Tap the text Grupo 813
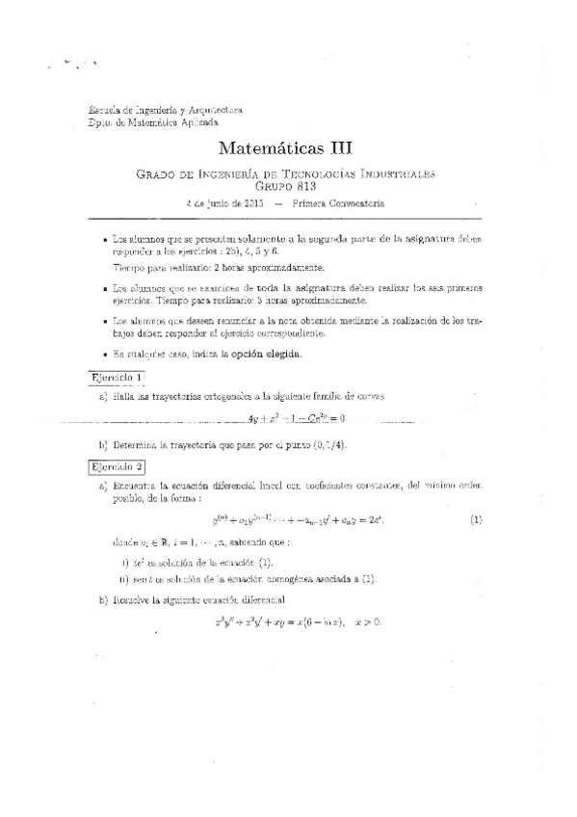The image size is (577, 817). click(x=287, y=187)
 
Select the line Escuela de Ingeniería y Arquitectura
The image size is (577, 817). click(x=165, y=111)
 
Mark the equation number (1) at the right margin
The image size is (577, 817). click(x=475, y=520)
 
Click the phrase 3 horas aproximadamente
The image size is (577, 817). click(x=313, y=300)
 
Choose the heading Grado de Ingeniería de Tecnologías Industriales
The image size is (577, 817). click(x=287, y=174)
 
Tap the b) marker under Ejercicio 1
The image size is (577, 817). click(x=102, y=444)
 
